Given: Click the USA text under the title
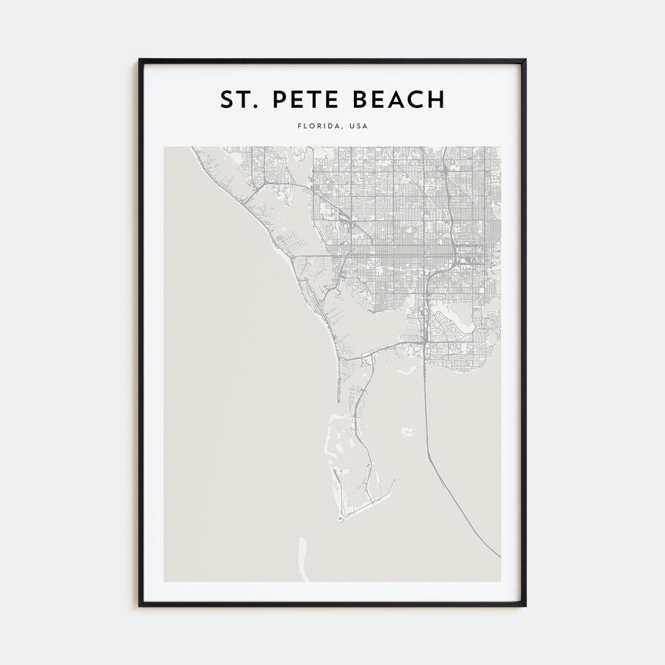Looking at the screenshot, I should point(358,126).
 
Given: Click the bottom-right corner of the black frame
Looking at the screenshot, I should point(525,606).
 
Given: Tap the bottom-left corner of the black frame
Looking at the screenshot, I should point(140,606).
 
